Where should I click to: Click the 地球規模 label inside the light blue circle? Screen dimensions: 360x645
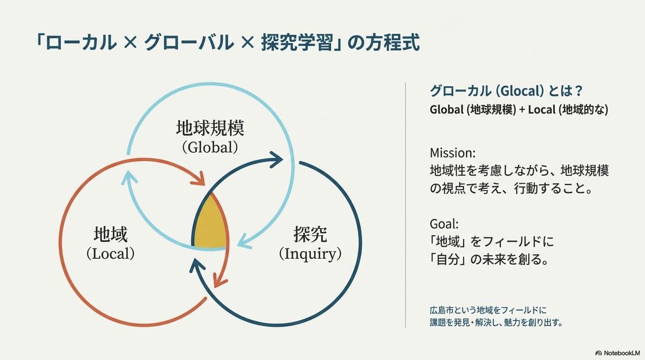pos(210,128)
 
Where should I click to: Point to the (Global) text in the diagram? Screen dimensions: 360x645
pos(210,147)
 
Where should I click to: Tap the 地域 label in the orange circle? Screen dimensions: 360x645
pos(111,234)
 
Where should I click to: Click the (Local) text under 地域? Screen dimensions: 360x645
pos(111,254)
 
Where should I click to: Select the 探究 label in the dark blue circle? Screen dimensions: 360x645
pos(310,234)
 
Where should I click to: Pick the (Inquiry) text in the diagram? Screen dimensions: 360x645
pos(310,254)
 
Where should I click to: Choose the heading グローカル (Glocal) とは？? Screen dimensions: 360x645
pos(506,91)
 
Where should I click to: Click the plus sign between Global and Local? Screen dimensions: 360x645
pos(522,110)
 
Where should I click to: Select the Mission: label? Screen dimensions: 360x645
pos(452,153)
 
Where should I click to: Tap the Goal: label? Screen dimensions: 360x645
pos(444,224)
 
